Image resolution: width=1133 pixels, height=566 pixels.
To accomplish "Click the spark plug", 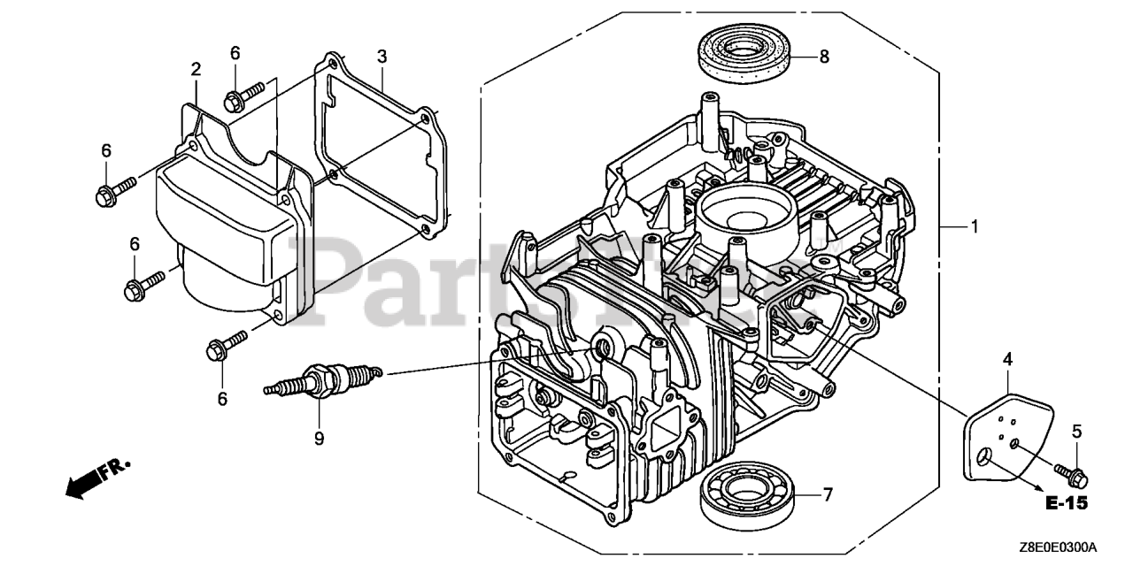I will click(x=323, y=381).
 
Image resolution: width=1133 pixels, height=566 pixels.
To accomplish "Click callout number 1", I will click(x=975, y=227).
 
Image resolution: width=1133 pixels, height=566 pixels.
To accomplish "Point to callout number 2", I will click(x=196, y=69).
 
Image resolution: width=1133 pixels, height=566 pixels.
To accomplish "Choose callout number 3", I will click(x=382, y=57).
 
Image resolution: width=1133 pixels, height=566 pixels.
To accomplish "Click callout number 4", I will click(x=1006, y=359).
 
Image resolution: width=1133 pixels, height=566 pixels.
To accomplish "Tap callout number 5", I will click(x=1077, y=432).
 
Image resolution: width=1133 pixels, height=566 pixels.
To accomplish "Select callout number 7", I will click(x=828, y=495).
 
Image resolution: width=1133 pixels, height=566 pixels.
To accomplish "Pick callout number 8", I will click(x=824, y=57).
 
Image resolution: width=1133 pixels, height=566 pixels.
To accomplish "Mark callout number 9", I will click(x=319, y=438).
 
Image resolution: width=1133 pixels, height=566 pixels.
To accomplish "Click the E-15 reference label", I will click(x=1065, y=504).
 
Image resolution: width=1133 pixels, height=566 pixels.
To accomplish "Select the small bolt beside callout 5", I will click(x=1071, y=473).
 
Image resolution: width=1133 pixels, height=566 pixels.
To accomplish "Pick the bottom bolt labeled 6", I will click(x=226, y=345).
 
